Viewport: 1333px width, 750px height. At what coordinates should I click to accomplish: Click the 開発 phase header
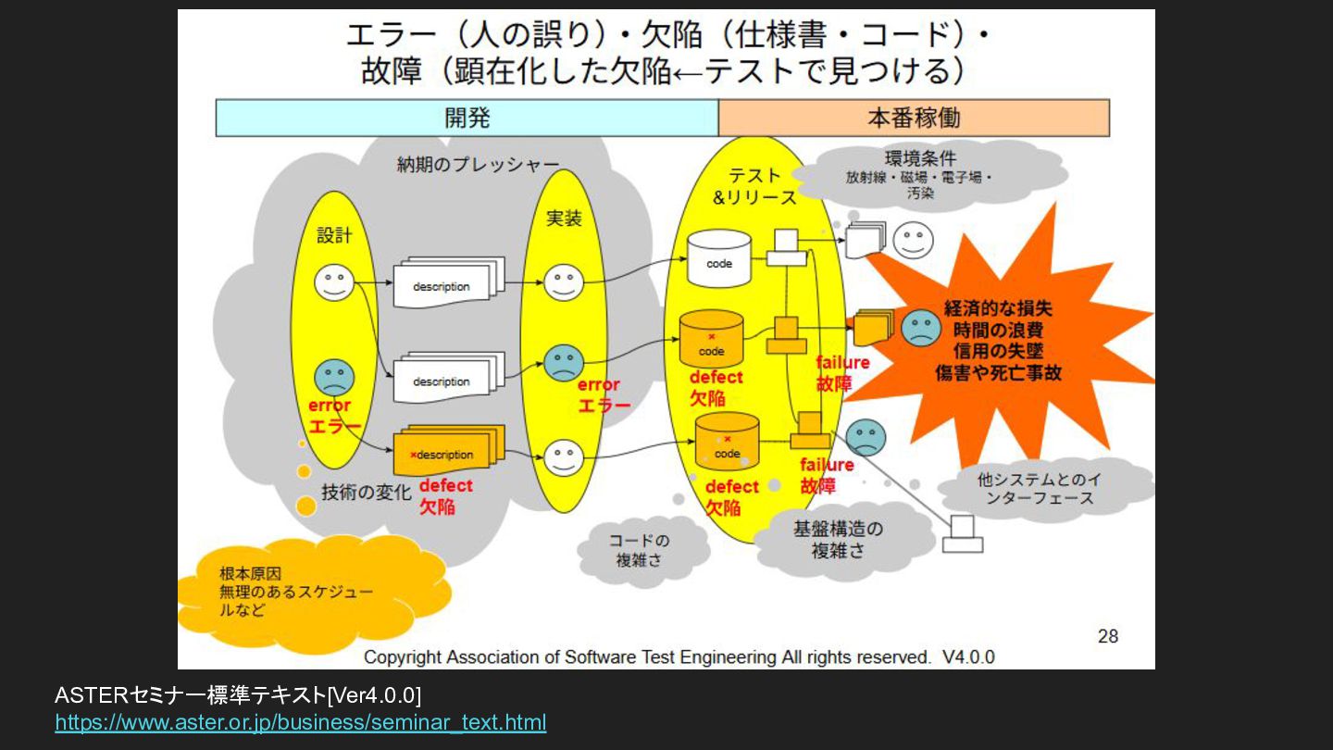pyautogui.click(x=467, y=118)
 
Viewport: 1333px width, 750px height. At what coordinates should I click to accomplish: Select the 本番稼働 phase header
pyautogui.click(x=914, y=118)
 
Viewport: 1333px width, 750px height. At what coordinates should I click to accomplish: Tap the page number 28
pyautogui.click(x=1107, y=636)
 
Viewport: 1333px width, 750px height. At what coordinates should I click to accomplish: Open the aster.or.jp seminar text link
pyautogui.click(x=301, y=722)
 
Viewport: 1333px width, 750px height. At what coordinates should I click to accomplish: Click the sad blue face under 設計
pyautogui.click(x=333, y=377)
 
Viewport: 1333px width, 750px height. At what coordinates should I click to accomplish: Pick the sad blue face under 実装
pyautogui.click(x=563, y=362)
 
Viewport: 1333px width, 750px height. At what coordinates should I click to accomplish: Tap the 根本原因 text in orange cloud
pyautogui.click(x=250, y=573)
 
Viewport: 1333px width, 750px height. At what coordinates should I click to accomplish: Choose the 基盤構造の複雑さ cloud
pyautogui.click(x=838, y=539)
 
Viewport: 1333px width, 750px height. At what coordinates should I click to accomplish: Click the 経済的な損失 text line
pyautogui.click(x=998, y=308)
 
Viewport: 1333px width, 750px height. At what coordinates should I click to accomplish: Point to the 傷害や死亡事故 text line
pyautogui.click(x=998, y=373)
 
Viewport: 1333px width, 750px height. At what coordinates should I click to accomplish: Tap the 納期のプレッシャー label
pyautogui.click(x=478, y=165)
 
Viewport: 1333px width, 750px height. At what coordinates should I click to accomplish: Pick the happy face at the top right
pyautogui.click(x=912, y=241)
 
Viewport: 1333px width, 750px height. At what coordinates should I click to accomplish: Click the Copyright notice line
pyautogui.click(x=679, y=657)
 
